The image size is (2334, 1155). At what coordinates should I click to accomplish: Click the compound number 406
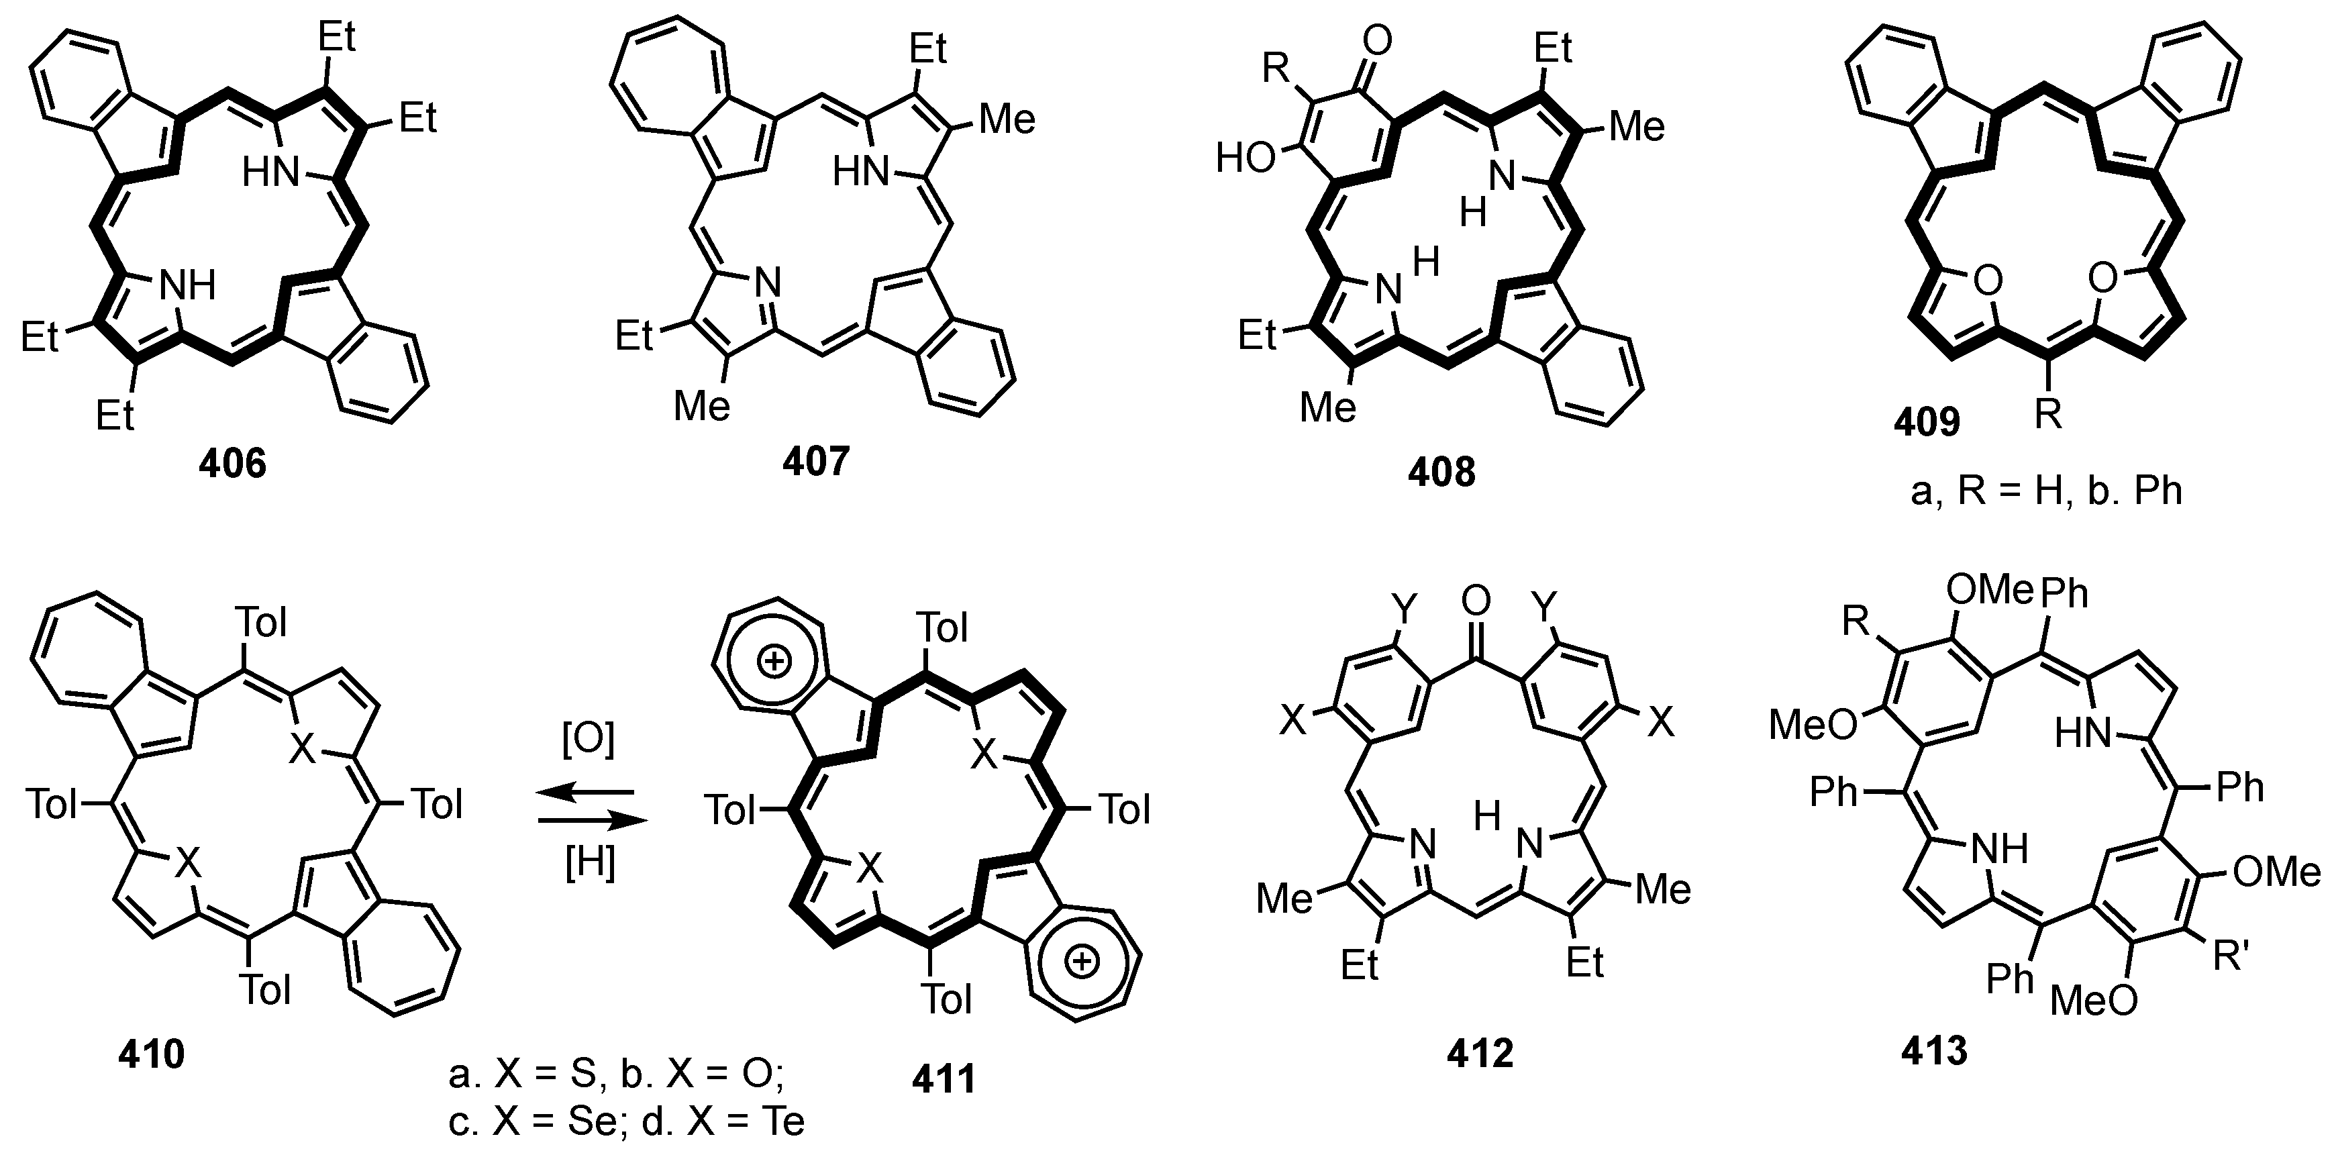[234, 464]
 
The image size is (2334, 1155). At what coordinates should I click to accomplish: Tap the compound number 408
[1441, 472]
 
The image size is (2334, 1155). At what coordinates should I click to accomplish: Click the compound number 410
[151, 1054]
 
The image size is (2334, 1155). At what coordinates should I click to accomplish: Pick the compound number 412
[1480, 1054]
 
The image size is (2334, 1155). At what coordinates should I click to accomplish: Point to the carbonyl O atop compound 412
[1475, 601]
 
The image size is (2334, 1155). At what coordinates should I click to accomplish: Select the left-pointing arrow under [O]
[585, 793]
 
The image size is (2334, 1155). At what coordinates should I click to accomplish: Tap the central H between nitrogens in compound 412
[1488, 818]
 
